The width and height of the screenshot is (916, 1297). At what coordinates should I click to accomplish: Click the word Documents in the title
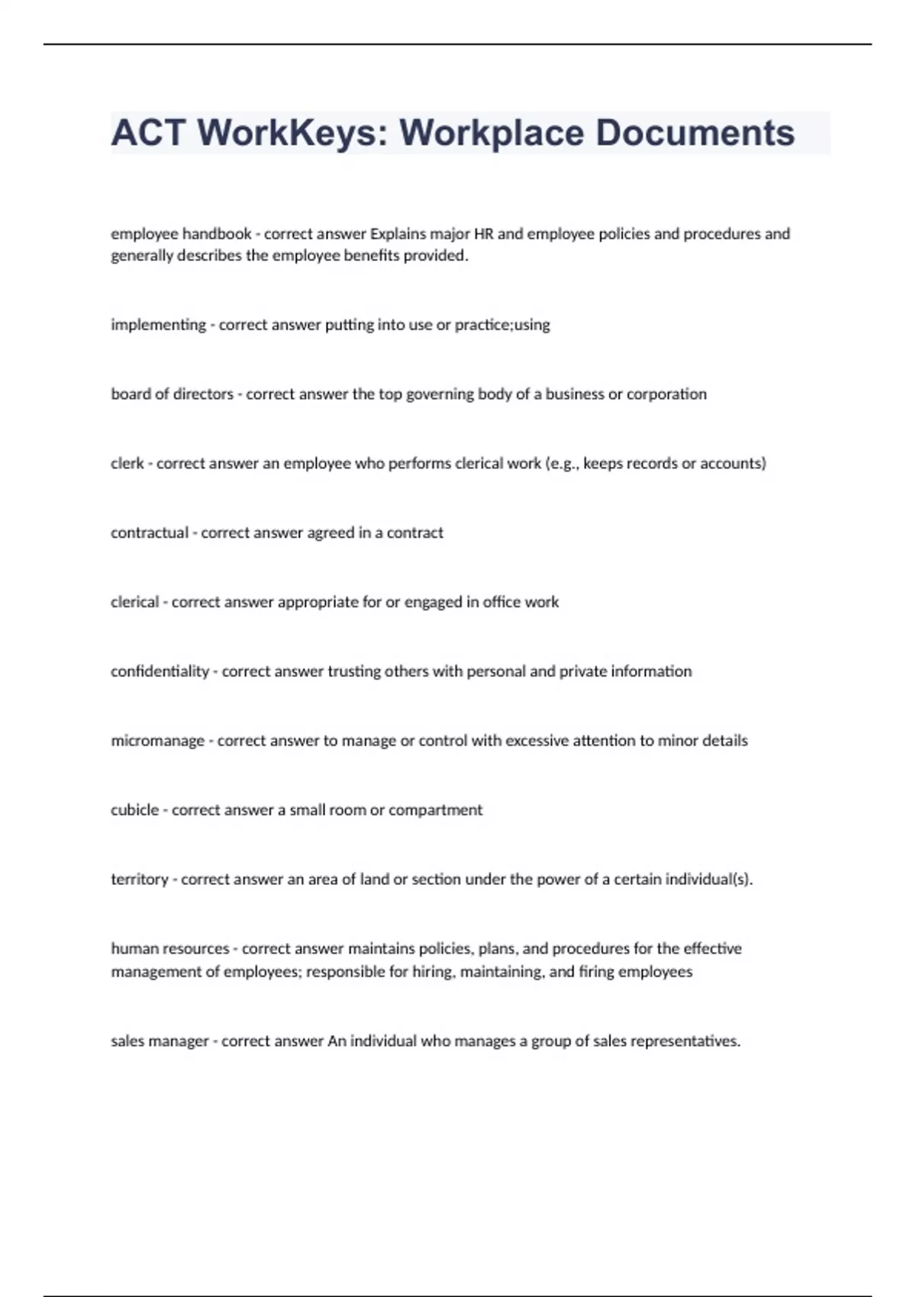click(x=695, y=133)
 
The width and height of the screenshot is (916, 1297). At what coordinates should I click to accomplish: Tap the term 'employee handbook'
click(x=181, y=233)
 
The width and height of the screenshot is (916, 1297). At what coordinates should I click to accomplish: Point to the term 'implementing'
click(x=158, y=325)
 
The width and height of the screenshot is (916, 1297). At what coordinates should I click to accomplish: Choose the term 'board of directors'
click(x=172, y=394)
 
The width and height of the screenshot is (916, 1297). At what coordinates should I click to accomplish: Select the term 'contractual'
click(x=150, y=533)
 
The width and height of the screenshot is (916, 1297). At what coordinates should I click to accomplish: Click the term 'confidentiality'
click(x=160, y=671)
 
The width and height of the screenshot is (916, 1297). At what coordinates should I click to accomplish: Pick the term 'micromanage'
click(x=157, y=741)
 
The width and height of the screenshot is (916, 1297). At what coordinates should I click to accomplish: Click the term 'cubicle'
click(x=135, y=809)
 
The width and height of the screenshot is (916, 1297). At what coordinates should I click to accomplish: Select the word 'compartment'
click(x=435, y=810)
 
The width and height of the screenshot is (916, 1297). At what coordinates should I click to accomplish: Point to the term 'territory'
click(x=139, y=880)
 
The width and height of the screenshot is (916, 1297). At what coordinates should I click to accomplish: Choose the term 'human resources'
click(x=169, y=948)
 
